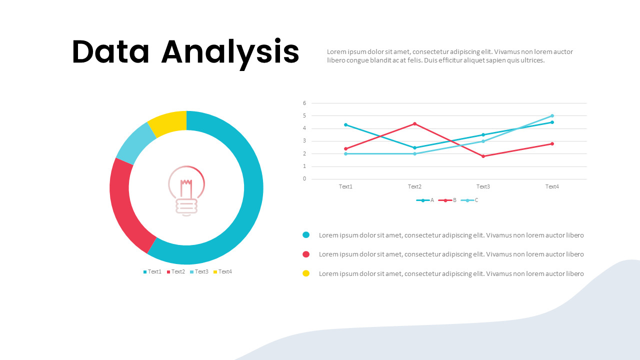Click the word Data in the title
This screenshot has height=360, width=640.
[x=110, y=52]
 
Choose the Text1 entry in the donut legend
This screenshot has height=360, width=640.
[x=152, y=272]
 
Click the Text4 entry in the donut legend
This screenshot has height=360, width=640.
[x=223, y=272]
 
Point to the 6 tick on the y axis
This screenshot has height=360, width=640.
[x=304, y=103]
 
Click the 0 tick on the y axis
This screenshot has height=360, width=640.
[x=304, y=179]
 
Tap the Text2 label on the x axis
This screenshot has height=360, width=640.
[x=414, y=187]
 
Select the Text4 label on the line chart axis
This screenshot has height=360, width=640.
[x=552, y=187]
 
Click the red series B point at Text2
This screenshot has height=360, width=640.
[x=414, y=123]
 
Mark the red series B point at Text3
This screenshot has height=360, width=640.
[x=483, y=156]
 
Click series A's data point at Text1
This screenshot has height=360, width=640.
[x=346, y=124]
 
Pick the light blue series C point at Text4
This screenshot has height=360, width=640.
[x=552, y=115]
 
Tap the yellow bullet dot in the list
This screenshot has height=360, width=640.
[x=306, y=273]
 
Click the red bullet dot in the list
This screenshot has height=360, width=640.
[x=306, y=254]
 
